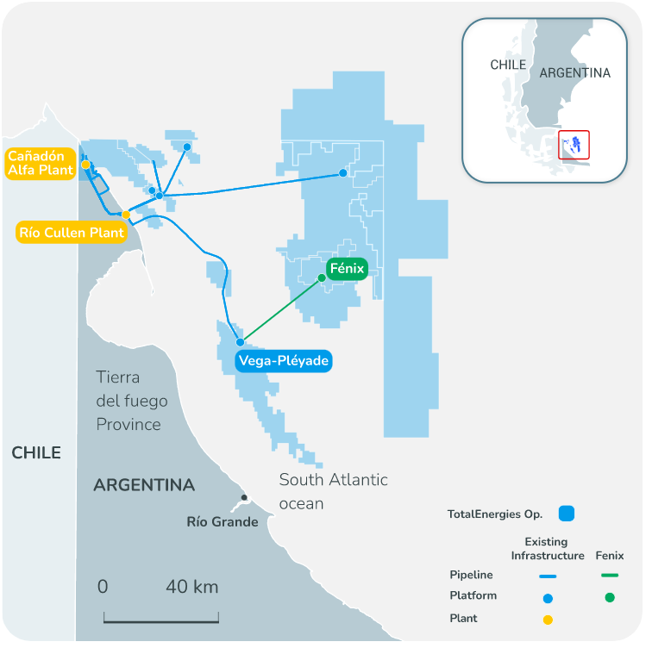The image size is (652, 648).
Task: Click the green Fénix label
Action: coord(348,269)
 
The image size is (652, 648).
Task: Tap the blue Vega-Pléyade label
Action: coord(284,360)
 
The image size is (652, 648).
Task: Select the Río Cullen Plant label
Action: coord(72,232)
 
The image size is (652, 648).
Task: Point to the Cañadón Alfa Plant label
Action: coord(41,163)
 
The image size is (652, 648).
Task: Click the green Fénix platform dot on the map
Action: coord(322,277)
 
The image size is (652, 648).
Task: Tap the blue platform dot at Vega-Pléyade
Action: coord(241,342)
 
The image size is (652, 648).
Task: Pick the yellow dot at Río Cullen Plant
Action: coord(126,215)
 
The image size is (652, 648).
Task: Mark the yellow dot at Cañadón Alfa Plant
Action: coord(85,165)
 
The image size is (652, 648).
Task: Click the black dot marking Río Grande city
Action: coord(244,497)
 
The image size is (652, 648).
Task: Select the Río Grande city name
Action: coord(223,521)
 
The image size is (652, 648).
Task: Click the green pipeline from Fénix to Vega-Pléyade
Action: coord(281,310)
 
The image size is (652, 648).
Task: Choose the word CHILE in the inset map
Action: coord(508,65)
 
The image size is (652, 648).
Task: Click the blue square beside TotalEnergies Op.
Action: coord(567,514)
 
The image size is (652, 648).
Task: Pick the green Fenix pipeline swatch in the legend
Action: coord(610,576)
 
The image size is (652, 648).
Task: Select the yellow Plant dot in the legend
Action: coord(548,620)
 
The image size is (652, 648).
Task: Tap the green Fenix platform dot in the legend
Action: coord(610,598)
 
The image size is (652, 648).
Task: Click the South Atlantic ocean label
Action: coord(334,491)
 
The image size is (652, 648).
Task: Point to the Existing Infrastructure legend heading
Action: coord(548,549)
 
